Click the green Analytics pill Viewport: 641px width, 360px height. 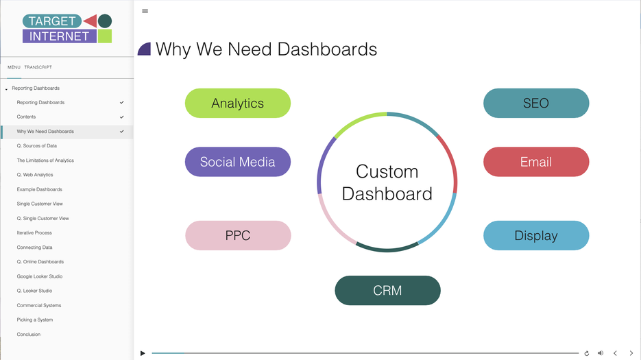(x=238, y=103)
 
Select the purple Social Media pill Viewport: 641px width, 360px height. (x=238, y=162)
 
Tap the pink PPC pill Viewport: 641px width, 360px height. (x=238, y=235)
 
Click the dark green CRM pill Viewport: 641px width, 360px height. (x=387, y=290)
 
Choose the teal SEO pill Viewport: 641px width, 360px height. (x=535, y=103)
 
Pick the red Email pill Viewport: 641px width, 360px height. (x=535, y=162)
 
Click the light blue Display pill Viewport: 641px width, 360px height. (x=535, y=235)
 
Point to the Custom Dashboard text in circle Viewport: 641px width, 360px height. (x=387, y=182)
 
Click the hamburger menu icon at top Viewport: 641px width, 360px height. (x=145, y=11)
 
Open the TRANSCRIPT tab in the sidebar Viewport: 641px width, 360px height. (x=38, y=67)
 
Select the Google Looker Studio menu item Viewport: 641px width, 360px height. (x=40, y=276)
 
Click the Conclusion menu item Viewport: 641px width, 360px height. (x=29, y=335)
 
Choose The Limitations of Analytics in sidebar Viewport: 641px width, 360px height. (x=45, y=160)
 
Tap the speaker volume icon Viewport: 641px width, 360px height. (x=601, y=353)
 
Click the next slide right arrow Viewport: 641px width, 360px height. (x=631, y=353)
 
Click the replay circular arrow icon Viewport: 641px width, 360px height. (x=586, y=353)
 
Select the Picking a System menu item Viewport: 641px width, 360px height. (x=35, y=320)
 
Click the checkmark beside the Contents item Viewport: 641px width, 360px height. (x=122, y=117)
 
